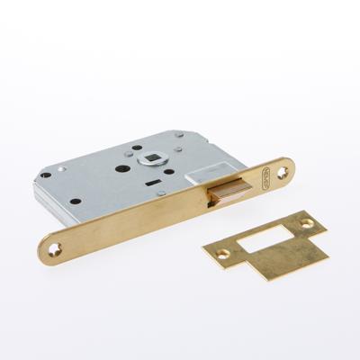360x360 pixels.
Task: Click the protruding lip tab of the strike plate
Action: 286,256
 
